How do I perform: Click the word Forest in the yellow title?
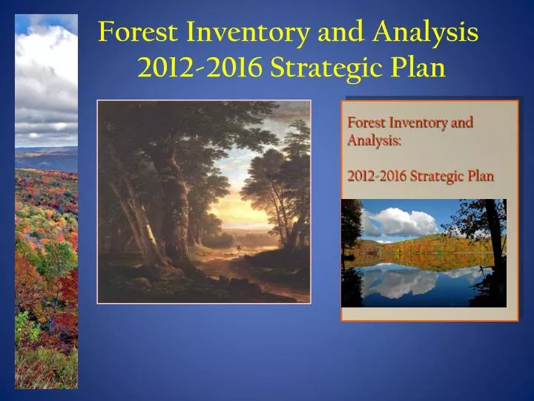point(139,33)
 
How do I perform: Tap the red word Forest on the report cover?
point(366,123)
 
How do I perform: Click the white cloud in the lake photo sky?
point(404,221)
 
